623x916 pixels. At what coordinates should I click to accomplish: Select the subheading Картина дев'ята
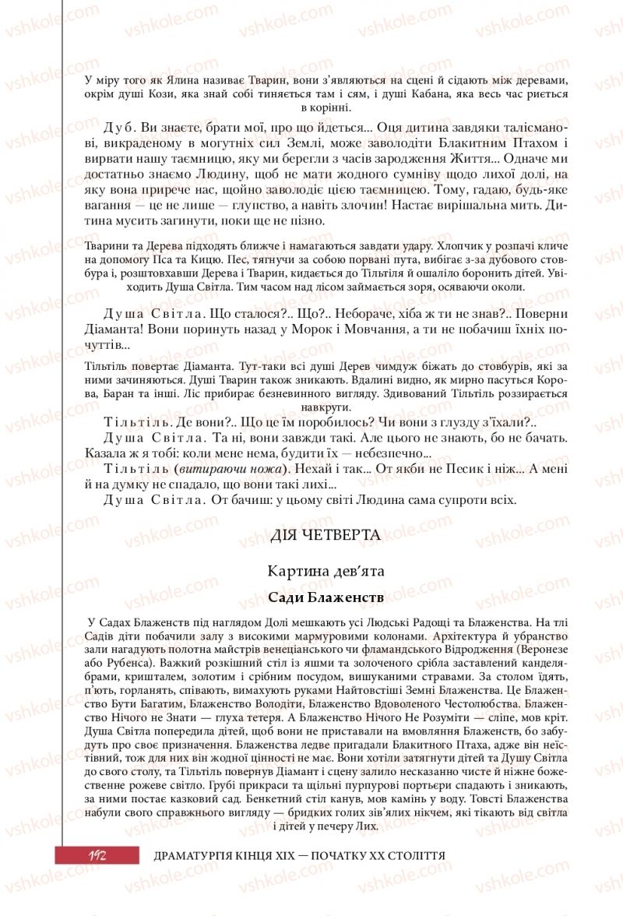pos(325,571)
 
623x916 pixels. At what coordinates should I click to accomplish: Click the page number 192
pos(97,854)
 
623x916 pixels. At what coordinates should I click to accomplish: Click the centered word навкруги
pos(325,406)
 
